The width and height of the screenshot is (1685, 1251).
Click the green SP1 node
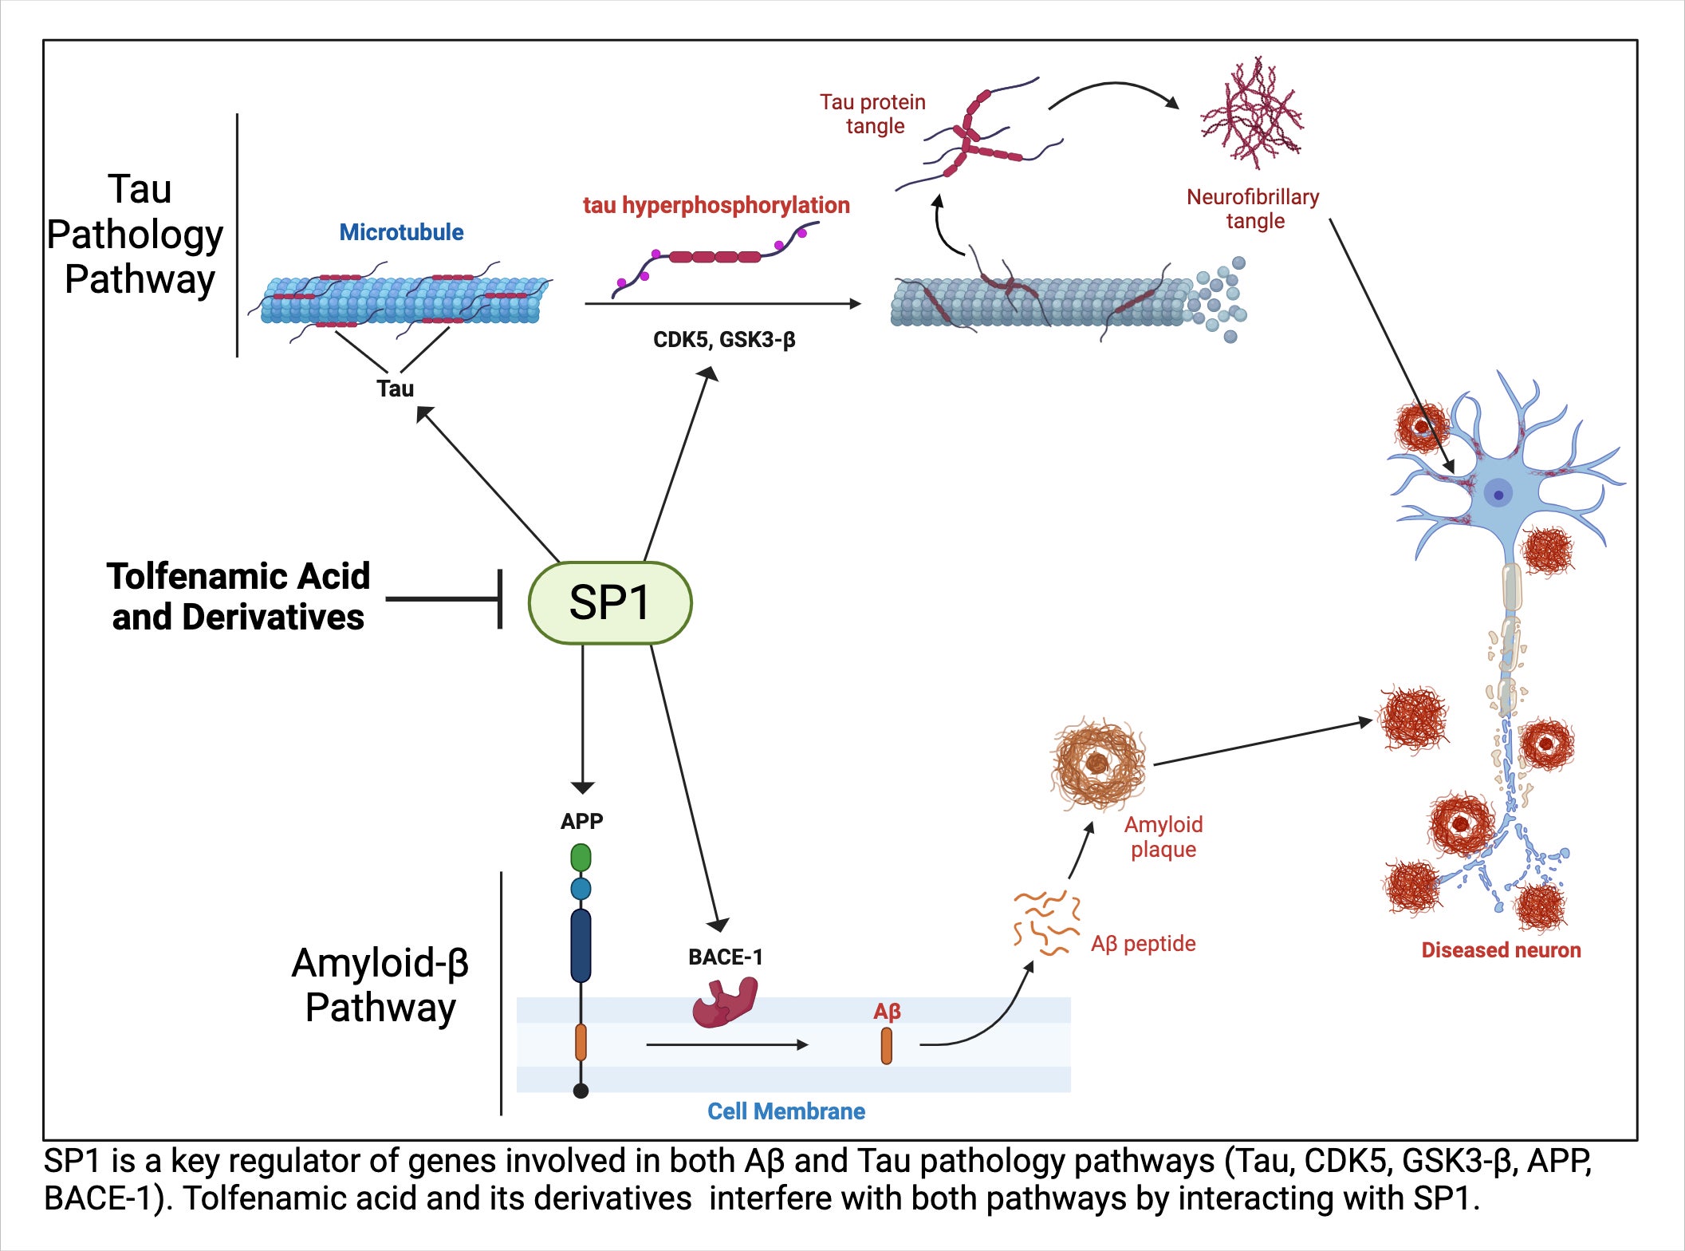[610, 603]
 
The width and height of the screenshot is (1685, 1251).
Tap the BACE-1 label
[725, 957]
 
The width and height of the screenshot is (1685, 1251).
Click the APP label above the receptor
[581, 821]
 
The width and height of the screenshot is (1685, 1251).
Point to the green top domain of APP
[581, 858]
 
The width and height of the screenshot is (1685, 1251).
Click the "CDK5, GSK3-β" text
[724, 340]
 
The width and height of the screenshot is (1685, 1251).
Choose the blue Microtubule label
[401, 232]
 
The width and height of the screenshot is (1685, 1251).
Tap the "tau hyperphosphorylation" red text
[716, 205]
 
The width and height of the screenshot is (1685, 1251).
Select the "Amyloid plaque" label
[1163, 837]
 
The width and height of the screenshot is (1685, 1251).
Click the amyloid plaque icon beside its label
[1098, 764]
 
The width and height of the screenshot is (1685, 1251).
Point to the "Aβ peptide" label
[1143, 944]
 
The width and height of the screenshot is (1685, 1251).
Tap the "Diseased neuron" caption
[1501, 950]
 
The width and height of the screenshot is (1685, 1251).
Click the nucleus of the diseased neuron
[1498, 495]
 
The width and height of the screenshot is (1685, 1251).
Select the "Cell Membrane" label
[785, 1111]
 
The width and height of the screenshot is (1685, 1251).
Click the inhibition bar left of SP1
[500, 599]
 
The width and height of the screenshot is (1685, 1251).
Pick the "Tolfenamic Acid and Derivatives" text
[238, 597]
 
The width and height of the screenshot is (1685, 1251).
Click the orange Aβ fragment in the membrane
[886, 1046]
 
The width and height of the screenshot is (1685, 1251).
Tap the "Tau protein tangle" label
[873, 114]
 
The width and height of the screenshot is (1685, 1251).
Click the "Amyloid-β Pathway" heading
[380, 985]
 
